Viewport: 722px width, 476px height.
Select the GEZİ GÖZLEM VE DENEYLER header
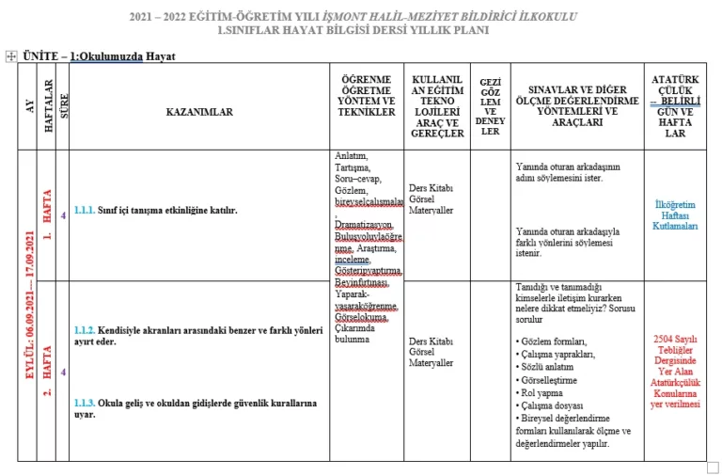(x=490, y=106)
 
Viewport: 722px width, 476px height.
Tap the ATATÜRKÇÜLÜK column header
(x=675, y=106)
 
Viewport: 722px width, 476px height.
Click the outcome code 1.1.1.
(x=85, y=211)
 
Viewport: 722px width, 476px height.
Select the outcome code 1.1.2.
(x=85, y=331)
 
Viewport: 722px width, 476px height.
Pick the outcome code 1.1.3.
(x=85, y=403)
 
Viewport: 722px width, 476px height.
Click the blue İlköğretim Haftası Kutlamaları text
(x=675, y=215)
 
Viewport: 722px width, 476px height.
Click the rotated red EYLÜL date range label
(x=28, y=306)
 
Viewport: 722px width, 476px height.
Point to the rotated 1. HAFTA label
(x=47, y=215)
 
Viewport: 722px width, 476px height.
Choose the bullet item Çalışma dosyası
(x=552, y=405)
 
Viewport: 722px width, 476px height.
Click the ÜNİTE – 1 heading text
(x=100, y=56)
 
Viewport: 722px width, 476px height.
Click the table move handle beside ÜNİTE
(x=10, y=56)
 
